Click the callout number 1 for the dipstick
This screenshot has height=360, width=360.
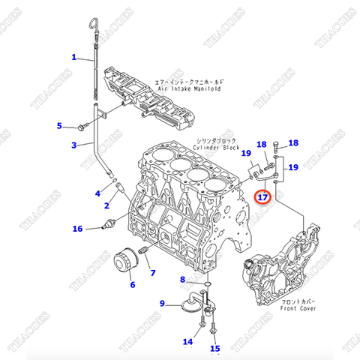tap(74, 57)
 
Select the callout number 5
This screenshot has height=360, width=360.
tap(61, 125)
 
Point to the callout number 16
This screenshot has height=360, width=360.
tap(76, 228)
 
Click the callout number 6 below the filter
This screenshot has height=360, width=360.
tap(133, 284)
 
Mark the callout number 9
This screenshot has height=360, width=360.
tap(161, 303)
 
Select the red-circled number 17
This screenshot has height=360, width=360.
tap(262, 198)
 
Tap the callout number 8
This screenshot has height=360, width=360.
tap(181, 280)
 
